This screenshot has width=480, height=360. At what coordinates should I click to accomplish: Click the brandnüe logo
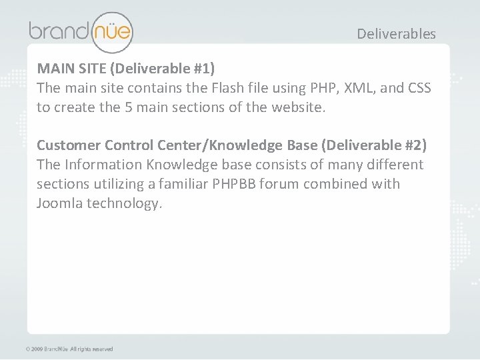tap(80, 31)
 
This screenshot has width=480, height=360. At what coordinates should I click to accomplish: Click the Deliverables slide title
tap(396, 33)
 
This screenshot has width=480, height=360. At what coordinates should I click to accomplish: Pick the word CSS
tap(418, 87)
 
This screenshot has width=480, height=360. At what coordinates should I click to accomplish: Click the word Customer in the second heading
tap(67, 145)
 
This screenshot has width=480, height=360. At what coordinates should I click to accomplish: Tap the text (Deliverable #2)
tap(380, 145)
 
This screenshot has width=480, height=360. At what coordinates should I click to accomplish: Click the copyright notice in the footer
tap(69, 349)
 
